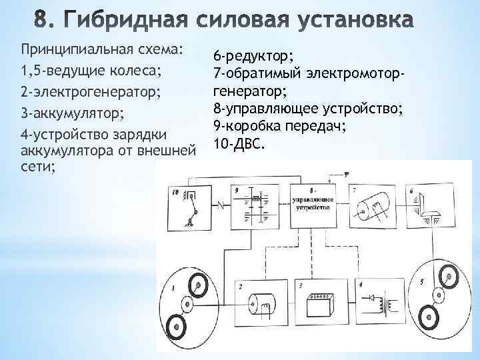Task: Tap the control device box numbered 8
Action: pos(311,207)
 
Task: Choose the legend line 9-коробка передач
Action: pos(280,125)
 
